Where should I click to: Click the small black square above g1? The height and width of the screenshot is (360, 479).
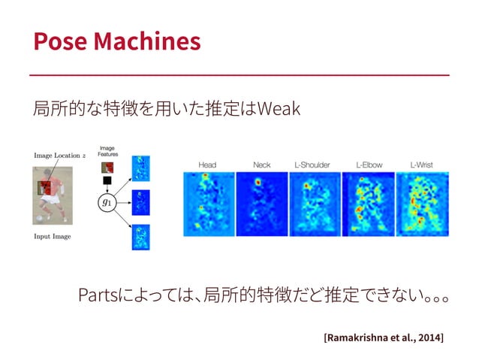pyautogui.click(x=108, y=181)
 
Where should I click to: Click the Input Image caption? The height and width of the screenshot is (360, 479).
pyautogui.click(x=53, y=236)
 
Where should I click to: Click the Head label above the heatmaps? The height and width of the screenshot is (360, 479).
pyautogui.click(x=208, y=165)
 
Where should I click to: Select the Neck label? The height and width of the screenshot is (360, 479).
pyautogui.click(x=262, y=165)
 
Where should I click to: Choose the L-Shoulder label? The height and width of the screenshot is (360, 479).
pyautogui.click(x=314, y=165)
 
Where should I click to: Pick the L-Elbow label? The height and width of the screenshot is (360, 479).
pyautogui.click(x=368, y=165)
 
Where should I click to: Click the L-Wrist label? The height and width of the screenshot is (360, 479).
pyautogui.click(x=422, y=165)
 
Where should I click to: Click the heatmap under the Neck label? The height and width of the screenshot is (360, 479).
pyautogui.click(x=262, y=204)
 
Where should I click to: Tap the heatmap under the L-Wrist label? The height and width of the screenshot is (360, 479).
pyautogui.click(x=422, y=204)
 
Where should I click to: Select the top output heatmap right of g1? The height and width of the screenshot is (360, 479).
pyautogui.click(x=140, y=168)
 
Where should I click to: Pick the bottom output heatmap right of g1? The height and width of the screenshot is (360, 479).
pyautogui.click(x=140, y=237)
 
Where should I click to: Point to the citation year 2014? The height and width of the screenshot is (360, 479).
pyautogui.click(x=429, y=337)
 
